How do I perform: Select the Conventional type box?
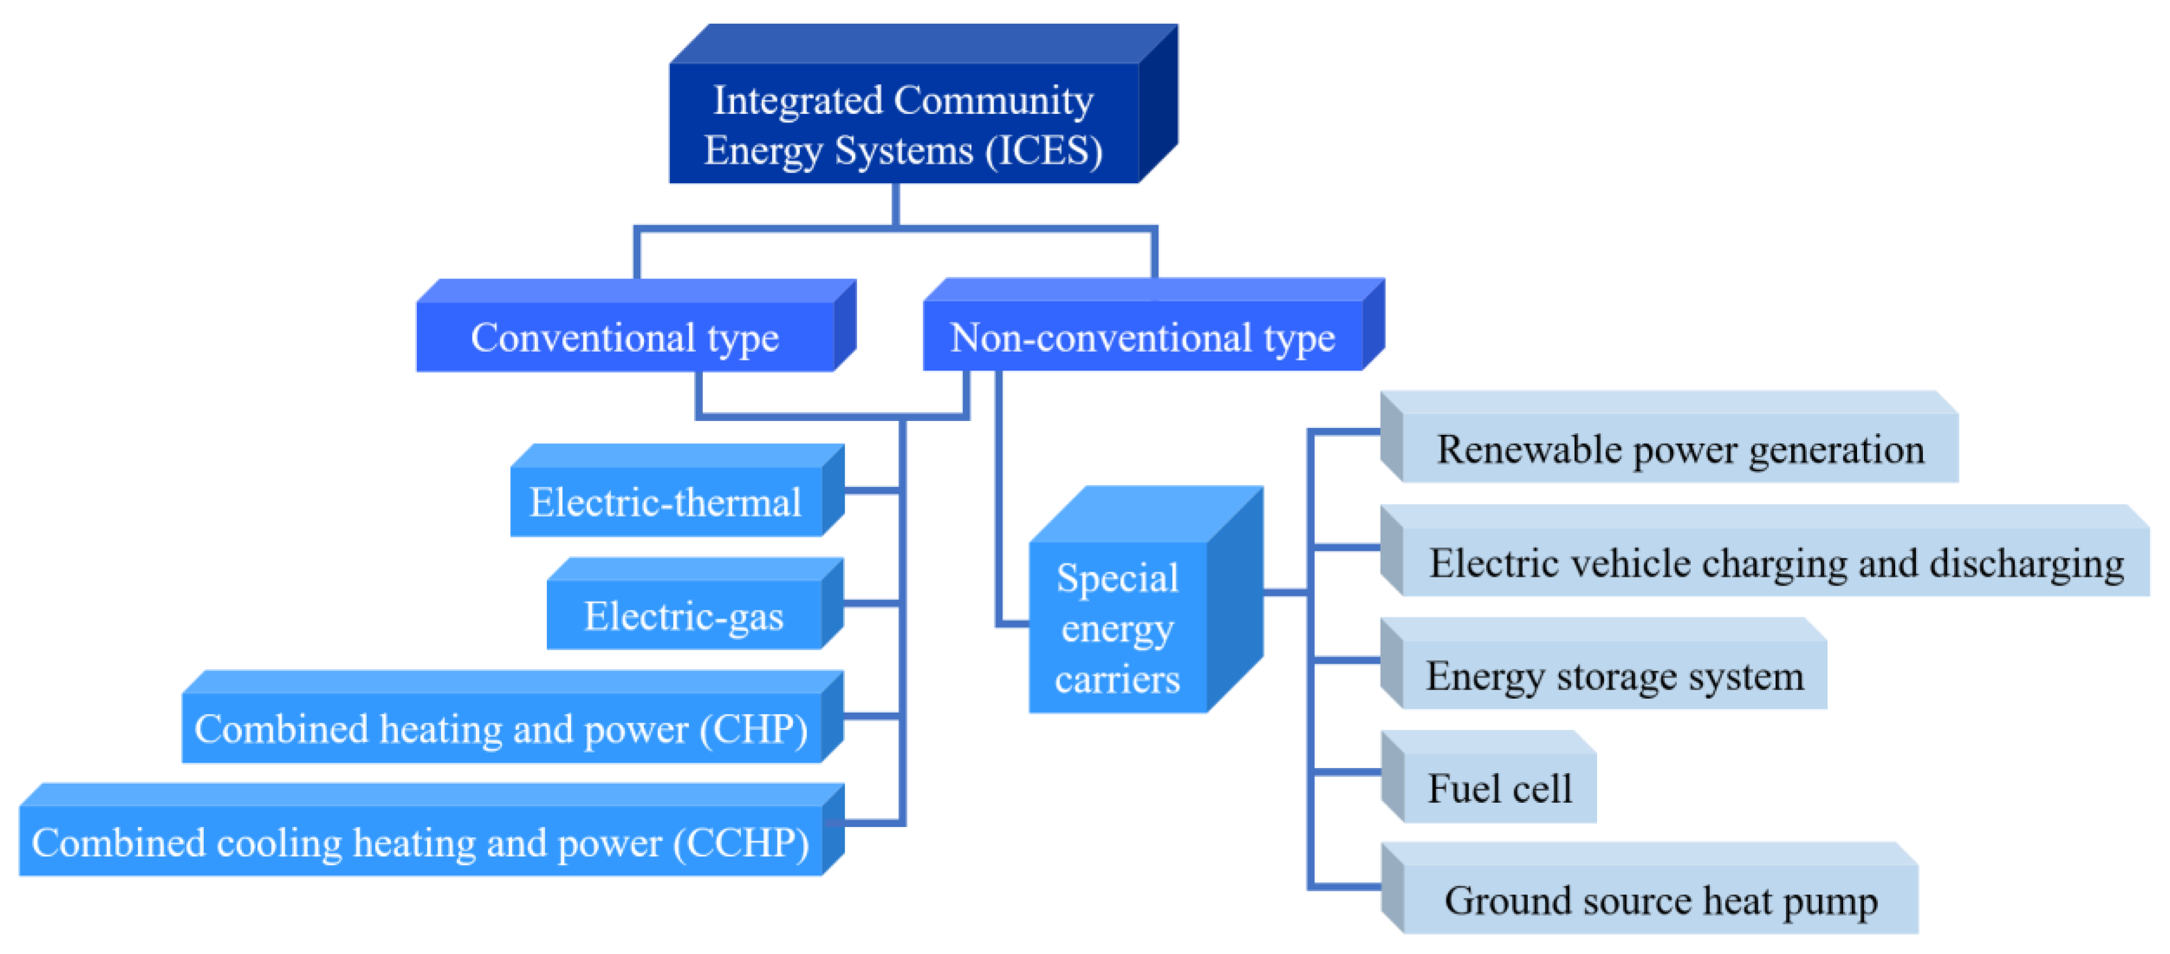tap(625, 337)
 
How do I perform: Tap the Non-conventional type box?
tap(1142, 337)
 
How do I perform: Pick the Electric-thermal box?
tap(665, 502)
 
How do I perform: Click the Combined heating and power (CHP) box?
tap(501, 728)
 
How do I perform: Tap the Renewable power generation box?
tap(1680, 448)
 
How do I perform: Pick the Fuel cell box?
tap(1500, 788)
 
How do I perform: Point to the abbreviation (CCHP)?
tap(741, 842)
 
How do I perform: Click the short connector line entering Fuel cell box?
tap(1346, 770)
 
